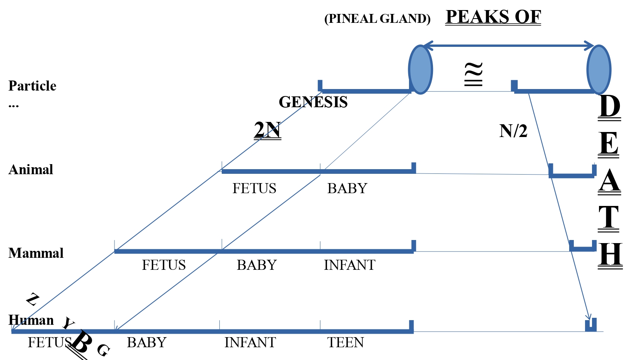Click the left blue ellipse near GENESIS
coord(420,70)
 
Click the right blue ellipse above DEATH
coord(599,70)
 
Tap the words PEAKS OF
coord(493,17)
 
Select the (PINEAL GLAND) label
coord(377,19)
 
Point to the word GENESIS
coord(313,102)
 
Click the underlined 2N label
coord(267,130)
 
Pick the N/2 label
coord(513,131)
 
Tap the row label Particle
coord(33,86)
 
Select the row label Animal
coord(31,170)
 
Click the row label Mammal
coord(36,253)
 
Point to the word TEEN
coord(346,343)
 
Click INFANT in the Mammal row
coord(349,265)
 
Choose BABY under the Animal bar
coord(347,189)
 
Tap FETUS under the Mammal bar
coord(164,265)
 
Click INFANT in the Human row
coord(250,343)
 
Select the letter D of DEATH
coord(609,106)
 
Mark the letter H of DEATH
coord(610,254)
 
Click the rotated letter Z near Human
coord(33,299)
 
